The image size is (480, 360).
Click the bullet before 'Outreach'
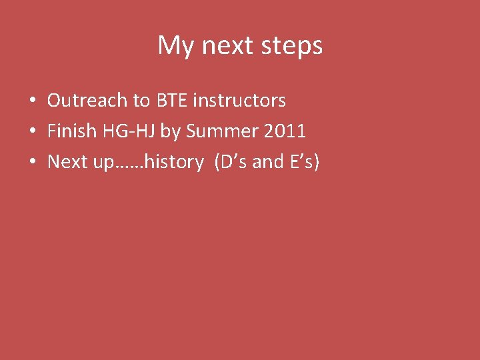pos(32,101)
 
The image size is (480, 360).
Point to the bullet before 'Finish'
pos(32,131)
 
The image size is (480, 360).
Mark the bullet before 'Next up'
pos(32,162)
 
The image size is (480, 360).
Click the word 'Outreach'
pos(87,101)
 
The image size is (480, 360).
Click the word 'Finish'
pos(72,131)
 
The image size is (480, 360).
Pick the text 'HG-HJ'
pos(129,131)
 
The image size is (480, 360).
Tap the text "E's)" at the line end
pos(304,161)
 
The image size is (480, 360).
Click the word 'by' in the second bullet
pos(171,132)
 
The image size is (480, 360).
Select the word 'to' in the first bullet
pos(141,101)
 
